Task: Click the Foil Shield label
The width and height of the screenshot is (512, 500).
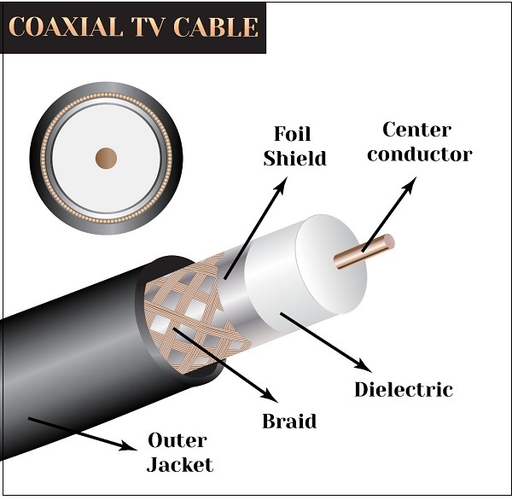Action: (294, 146)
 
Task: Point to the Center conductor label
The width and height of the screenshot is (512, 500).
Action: (426, 142)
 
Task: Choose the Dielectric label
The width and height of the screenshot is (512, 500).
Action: (403, 390)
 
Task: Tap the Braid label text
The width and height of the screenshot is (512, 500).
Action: (289, 421)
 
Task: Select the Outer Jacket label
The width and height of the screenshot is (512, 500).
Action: (180, 452)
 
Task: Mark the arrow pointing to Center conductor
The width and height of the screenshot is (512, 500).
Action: (388, 213)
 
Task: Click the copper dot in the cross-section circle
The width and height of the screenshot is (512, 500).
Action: (106, 158)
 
